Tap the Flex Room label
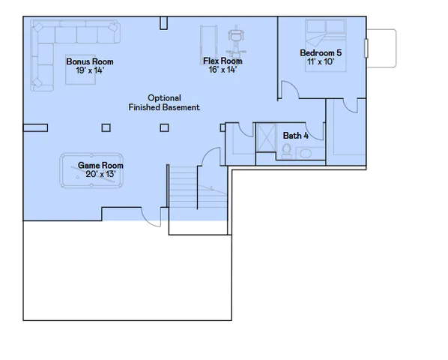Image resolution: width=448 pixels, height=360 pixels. coord(223,61)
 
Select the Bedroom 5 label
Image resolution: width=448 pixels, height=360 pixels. coord(321,52)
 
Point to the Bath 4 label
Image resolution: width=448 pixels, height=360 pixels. coord(295,136)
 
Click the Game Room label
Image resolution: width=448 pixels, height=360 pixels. coord(101,165)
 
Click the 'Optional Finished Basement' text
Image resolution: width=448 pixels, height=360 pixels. coord(163,103)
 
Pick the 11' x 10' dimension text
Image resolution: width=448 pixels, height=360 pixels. coord(321,61)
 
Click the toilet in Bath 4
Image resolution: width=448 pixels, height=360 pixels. coord(286,150)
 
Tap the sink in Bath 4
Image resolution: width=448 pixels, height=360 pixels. coord(307,153)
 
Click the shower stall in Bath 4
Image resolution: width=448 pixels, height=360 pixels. coord(265,138)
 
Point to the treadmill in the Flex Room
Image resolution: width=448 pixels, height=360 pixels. coord(208,41)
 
